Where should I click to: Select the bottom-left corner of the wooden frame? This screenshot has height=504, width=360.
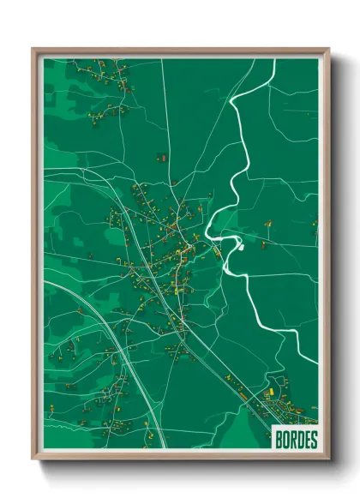pos(33,460)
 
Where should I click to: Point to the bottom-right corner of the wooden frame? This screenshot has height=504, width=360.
pos(328,460)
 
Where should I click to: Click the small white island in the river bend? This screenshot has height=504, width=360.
pos(241,247)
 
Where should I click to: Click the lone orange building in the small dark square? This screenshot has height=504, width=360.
pos(160,158)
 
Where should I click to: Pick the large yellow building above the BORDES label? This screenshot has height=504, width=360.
pos(273,392)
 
